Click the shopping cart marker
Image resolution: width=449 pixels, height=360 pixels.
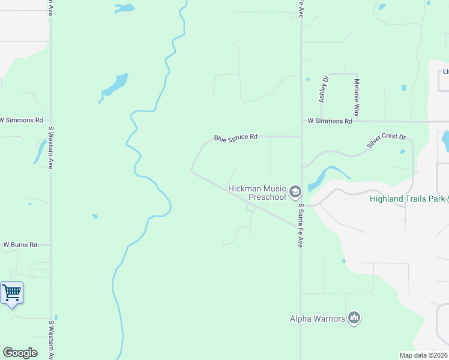pyautogui.click(x=12, y=293)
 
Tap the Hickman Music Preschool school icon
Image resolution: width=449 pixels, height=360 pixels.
pyautogui.click(x=295, y=192)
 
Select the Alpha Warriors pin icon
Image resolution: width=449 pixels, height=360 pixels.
pyautogui.click(x=354, y=319)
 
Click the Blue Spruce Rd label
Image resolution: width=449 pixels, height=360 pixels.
pyautogui.click(x=236, y=137)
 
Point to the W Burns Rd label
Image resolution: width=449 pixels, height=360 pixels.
pyautogui.click(x=20, y=245)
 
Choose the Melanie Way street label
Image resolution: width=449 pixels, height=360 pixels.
pyautogui.click(x=357, y=97)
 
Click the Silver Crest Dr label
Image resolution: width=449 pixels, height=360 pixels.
pyautogui.click(x=387, y=142)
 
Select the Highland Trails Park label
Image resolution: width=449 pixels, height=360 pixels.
pyautogui.click(x=407, y=199)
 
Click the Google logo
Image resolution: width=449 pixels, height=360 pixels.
pyautogui.click(x=20, y=353)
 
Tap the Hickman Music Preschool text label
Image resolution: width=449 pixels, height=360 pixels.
pyautogui.click(x=257, y=193)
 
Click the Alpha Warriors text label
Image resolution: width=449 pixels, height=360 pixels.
pyautogui.click(x=318, y=319)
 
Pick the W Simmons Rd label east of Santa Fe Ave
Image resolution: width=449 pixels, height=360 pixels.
pyautogui.click(x=330, y=121)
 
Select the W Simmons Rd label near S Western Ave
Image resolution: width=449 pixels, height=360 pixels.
pyautogui.click(x=22, y=120)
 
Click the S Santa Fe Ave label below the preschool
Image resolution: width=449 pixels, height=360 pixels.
pyautogui.click(x=301, y=225)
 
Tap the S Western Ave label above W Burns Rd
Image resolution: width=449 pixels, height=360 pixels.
pyautogui.click(x=51, y=147)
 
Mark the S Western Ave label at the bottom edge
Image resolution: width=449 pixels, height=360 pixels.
pyautogui.click(x=51, y=340)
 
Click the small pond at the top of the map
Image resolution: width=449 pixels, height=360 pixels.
pyautogui.click(x=124, y=8)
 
